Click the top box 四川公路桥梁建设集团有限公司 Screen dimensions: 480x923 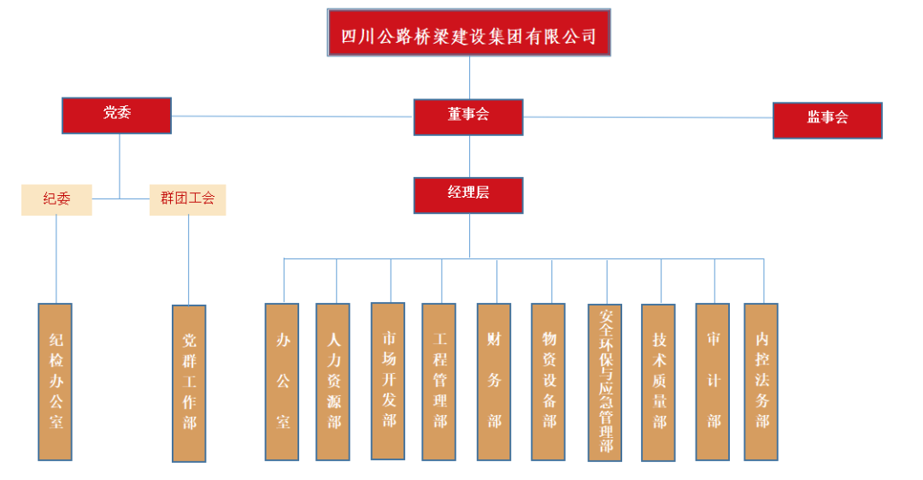point(468,33)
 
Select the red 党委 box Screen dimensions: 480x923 point(116,115)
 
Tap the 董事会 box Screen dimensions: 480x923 point(468,116)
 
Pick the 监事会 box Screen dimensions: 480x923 point(826,120)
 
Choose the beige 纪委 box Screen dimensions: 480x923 point(56,199)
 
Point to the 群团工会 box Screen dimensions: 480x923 point(187,199)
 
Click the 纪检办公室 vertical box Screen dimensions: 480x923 point(56,381)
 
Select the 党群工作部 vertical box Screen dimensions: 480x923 point(189,382)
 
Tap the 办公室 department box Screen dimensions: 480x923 point(282,381)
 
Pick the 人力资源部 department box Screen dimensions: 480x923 point(333,381)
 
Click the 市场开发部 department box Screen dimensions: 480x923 point(388,380)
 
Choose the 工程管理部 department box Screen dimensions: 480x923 point(439,381)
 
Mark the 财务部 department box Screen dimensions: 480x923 point(494,381)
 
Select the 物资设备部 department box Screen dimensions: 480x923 point(548,381)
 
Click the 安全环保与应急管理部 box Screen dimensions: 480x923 point(606,382)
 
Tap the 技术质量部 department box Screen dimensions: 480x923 point(658,382)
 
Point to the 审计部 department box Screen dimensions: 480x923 point(712,381)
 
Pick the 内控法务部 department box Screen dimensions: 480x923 point(761,381)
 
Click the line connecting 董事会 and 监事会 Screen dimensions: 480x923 point(648,118)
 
